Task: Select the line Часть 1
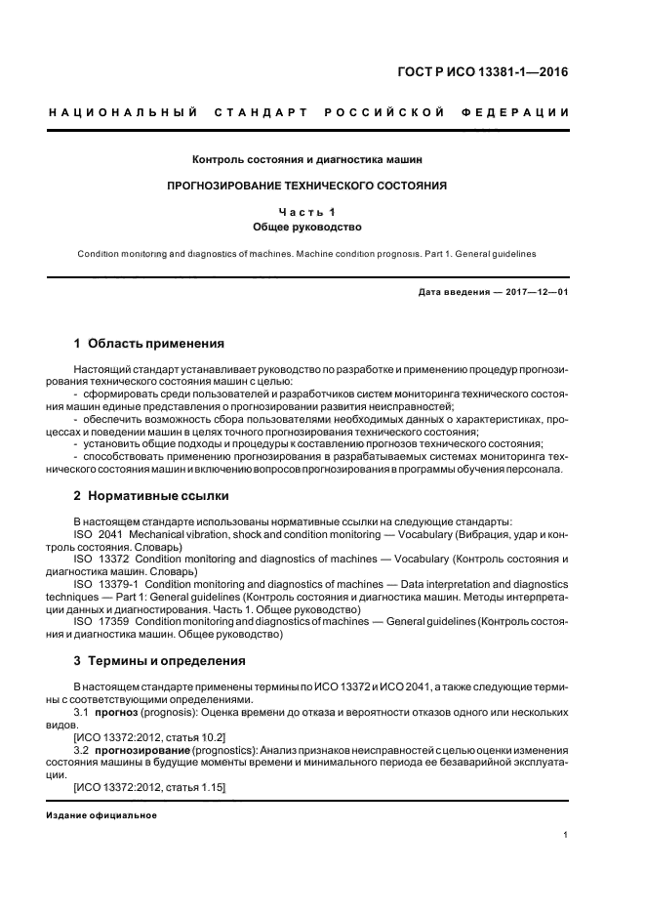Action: (x=307, y=211)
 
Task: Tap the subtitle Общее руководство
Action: (x=307, y=227)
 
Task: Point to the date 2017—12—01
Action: (x=527, y=292)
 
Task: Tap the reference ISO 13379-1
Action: (x=106, y=584)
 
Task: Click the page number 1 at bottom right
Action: (x=566, y=835)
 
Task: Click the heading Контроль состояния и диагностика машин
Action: (x=307, y=158)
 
